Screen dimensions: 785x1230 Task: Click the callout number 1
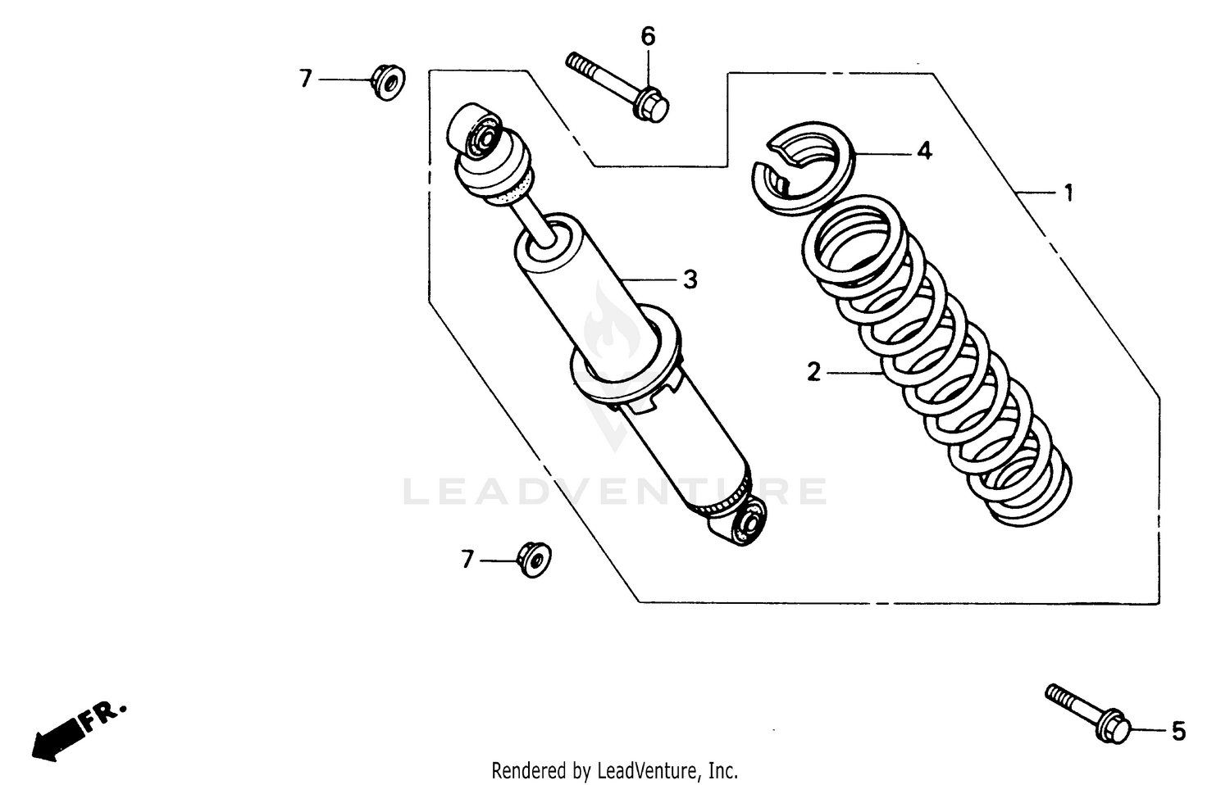1068,193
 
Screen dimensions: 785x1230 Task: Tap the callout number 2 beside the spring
813,372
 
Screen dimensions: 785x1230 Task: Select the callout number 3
690,279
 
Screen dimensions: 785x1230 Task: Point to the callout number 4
924,152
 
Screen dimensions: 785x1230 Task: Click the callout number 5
1178,731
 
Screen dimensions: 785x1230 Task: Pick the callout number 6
648,36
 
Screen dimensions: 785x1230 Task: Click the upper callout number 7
306,79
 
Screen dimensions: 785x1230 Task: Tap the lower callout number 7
467,560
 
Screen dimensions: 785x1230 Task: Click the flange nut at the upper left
387,81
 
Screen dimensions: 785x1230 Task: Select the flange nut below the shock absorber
534,559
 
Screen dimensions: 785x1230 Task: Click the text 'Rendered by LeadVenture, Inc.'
614,771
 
